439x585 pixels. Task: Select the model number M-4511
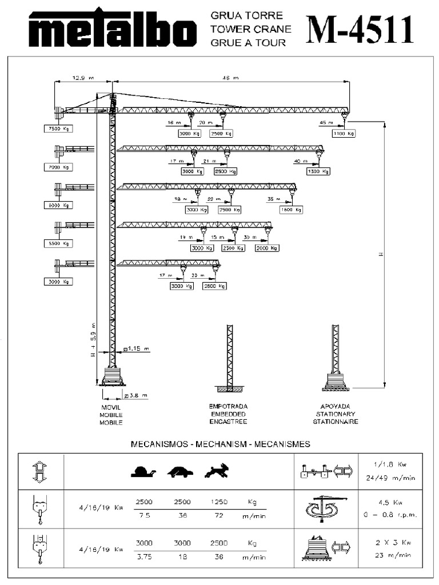point(360,29)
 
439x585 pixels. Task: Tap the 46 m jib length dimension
point(232,77)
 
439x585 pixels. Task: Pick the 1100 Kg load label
point(344,133)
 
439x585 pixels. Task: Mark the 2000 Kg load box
point(268,248)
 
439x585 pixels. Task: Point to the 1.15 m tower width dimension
point(137,348)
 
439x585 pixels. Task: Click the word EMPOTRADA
point(228,406)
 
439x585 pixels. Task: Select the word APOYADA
point(336,406)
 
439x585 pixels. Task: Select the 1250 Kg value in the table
point(219,502)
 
